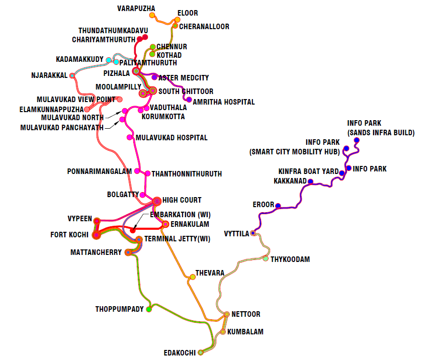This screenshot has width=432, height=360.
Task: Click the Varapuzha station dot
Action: pyautogui.click(x=152, y=15)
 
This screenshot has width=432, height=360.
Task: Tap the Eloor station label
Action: pyautogui.click(x=188, y=13)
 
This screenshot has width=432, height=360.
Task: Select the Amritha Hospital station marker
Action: pyautogui.click(x=189, y=100)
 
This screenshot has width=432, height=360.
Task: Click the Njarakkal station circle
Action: pyautogui.click(x=72, y=75)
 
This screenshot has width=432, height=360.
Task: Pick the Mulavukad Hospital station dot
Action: pyautogui.click(x=130, y=137)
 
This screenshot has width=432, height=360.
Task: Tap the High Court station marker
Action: pyautogui.click(x=156, y=201)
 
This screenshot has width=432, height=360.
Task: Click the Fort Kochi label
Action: pyautogui.click(x=69, y=235)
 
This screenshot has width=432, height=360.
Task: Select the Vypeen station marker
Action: pyautogui.click(x=97, y=220)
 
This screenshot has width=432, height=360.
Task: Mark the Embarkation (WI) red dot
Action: pyautogui.click(x=133, y=230)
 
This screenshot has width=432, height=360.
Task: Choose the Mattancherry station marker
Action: pyautogui.click(x=128, y=252)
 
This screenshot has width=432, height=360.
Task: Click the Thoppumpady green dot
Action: pyautogui.click(x=149, y=309)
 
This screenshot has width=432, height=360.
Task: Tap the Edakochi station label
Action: pyautogui.click(x=180, y=353)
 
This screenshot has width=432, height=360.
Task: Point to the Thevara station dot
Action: pyautogui.click(x=192, y=277)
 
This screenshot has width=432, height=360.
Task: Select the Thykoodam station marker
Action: pyautogui.click(x=266, y=258)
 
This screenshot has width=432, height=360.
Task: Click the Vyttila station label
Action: pyautogui.click(x=236, y=234)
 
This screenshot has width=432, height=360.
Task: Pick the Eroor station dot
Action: pyautogui.click(x=278, y=205)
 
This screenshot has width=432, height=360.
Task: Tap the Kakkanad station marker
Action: pyautogui.click(x=310, y=182)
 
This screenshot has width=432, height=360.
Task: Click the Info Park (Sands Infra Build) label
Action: pyautogui.click(x=381, y=128)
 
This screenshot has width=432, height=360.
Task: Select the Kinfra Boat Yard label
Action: pyautogui.click(x=309, y=171)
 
